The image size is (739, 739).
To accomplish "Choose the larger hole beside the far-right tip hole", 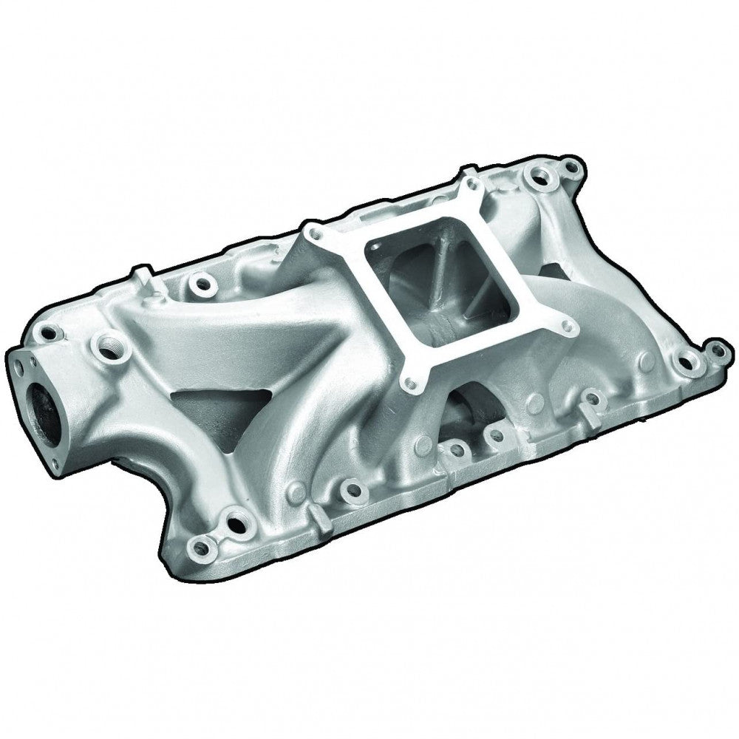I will coord(689,361).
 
